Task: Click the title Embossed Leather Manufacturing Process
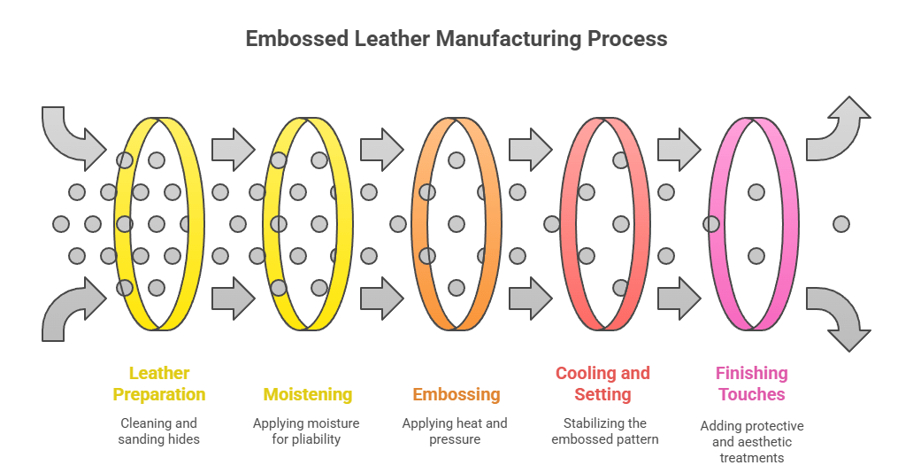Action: tap(456, 39)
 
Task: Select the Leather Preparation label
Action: tap(159, 384)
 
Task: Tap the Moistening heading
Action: tap(307, 394)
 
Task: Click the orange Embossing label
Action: tap(456, 394)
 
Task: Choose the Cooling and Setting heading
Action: tap(602, 384)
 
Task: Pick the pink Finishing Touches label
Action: tap(751, 384)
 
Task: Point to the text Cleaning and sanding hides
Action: tap(159, 430)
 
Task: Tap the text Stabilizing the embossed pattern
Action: tap(604, 430)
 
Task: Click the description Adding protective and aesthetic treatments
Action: tap(752, 441)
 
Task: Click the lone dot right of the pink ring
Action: tap(840, 224)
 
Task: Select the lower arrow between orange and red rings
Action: tap(530, 298)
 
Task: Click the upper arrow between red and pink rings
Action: tap(679, 149)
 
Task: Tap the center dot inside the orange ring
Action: tap(456, 224)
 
